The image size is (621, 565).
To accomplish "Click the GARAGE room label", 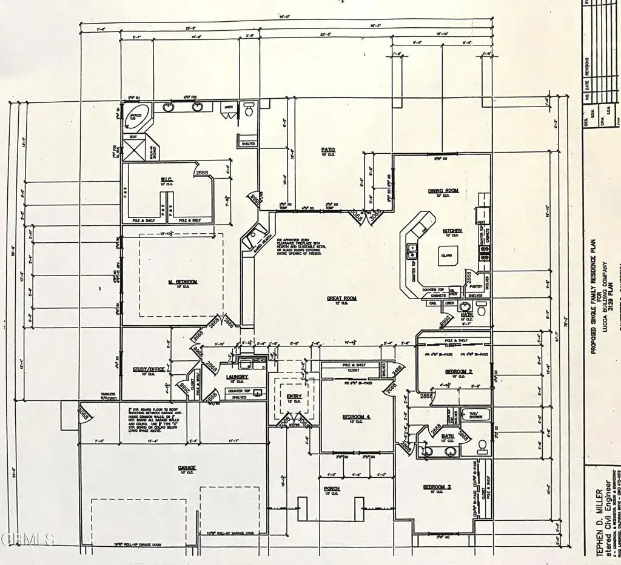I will [x=186, y=468].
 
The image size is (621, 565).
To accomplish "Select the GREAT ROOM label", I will [x=343, y=299].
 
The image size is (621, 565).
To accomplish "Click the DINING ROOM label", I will [x=443, y=191].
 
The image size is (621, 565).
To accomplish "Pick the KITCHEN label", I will [x=452, y=231].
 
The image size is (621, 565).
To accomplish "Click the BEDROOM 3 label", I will [x=437, y=487].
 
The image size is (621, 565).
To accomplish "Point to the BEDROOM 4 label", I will [x=352, y=417].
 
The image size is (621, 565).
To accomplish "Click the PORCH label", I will [x=332, y=488].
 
